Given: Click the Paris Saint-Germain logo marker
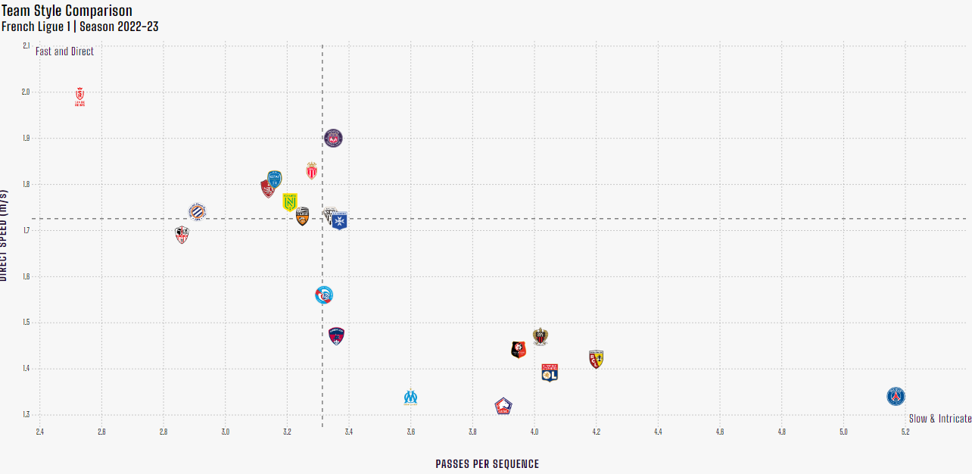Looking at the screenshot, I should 896,396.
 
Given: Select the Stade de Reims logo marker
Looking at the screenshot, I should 80,96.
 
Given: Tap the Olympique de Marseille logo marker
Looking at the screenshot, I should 410,398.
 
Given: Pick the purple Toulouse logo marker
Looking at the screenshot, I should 333,138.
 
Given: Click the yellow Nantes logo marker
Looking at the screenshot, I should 290,201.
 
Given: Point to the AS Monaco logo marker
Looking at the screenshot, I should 311,170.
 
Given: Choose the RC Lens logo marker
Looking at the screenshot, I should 596,359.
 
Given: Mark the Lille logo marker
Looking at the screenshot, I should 503,407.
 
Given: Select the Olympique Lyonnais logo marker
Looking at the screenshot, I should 550,373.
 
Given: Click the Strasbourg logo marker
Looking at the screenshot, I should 324,295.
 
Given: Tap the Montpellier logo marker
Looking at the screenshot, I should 197,212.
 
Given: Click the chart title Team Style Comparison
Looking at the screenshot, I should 67,11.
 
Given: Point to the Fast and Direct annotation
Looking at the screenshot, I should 64,51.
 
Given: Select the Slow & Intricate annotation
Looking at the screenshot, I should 939,419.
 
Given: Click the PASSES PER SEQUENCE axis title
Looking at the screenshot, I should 487,464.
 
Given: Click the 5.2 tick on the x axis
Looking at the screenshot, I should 905,432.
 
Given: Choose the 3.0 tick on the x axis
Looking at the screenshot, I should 225,432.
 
